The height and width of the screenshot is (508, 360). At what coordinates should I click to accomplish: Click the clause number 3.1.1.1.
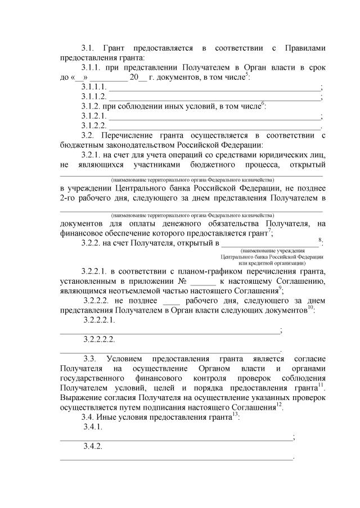94,87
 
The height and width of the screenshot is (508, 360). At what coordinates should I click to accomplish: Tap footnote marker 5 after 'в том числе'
246,75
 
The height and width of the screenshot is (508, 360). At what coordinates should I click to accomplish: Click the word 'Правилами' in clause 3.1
302,48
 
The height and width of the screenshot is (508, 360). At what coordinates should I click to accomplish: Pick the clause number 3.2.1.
91,155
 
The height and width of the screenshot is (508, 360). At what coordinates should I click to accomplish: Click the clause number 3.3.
90,359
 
